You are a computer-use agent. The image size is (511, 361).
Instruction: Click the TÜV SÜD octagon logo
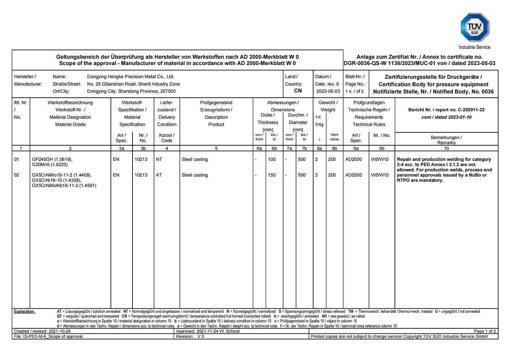coord(475,27)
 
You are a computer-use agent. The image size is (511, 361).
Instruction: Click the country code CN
coord(298,91)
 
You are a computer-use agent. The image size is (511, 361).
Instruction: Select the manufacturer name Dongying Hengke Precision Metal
coord(130,77)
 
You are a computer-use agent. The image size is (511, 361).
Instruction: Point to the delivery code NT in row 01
coord(159,159)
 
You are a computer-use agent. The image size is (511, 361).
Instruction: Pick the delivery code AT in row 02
coord(159,175)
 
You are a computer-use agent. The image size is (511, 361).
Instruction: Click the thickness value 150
coord(272,175)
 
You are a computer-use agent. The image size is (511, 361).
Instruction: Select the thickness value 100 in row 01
coord(272,159)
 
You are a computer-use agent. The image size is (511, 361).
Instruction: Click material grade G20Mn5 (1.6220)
coord(50,165)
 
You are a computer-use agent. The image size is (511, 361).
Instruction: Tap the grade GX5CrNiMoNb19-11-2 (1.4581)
coord(64,185)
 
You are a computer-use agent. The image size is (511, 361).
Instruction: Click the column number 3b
coord(143,148)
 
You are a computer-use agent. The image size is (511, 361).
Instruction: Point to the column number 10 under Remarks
coord(446,148)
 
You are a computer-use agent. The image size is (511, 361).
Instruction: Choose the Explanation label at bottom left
coord(25,311)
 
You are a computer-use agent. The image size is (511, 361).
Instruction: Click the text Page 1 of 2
coord(485,331)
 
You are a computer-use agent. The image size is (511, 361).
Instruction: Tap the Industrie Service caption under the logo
coord(475,47)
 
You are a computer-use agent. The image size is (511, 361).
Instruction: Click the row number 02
coord(17,175)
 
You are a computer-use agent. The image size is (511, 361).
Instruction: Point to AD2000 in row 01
coord(354,159)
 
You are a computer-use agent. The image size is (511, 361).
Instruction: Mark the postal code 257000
coord(168,91)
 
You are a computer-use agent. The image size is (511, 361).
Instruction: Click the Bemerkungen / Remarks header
coord(446,140)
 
